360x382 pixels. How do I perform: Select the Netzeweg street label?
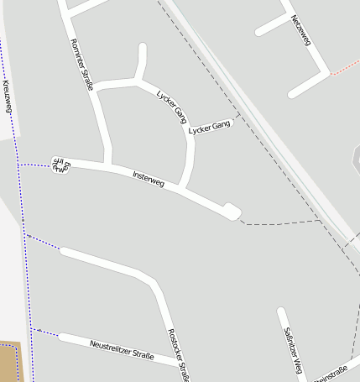point(300,30)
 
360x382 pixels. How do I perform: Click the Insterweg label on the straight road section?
point(149,177)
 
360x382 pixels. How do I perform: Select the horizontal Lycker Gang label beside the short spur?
point(210,128)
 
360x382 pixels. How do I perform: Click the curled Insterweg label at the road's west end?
point(60,165)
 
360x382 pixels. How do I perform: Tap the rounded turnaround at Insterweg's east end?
point(232,211)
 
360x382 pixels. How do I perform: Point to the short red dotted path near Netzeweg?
point(344,66)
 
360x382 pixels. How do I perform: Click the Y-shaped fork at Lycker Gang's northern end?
point(137,80)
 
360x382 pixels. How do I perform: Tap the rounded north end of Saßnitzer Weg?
point(281,313)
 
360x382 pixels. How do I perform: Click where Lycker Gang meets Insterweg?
point(183,186)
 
